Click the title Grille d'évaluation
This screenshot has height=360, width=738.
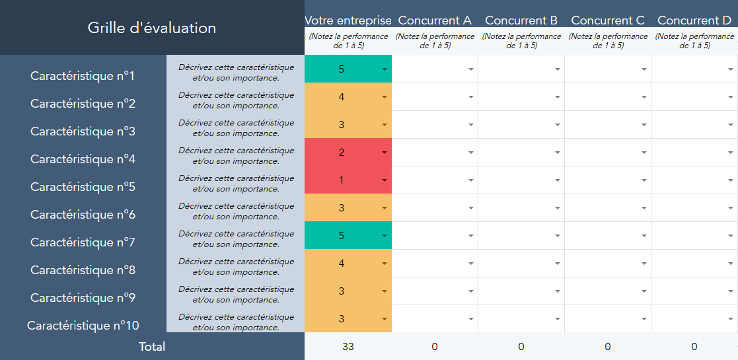151,28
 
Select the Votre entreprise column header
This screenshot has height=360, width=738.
348,20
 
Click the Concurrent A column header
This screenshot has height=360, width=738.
435,20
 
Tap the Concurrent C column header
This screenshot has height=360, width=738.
608,20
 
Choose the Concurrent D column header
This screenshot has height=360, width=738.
694,20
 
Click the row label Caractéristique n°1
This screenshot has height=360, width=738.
83,76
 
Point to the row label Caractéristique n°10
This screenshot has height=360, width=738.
83,326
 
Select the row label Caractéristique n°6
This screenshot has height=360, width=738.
83,215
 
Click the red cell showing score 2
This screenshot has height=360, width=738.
342,153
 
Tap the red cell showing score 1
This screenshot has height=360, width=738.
342,180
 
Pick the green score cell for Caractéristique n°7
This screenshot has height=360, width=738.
342,236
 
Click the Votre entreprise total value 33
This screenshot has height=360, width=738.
348,347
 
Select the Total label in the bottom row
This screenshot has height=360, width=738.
152,347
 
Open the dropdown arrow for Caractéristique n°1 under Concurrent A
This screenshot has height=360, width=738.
471,69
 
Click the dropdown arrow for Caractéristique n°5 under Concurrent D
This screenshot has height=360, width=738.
731,180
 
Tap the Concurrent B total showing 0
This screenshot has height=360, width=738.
521,347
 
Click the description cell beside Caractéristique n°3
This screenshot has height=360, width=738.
236,128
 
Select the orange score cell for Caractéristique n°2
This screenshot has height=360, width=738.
342,97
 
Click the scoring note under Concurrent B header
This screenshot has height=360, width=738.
521,41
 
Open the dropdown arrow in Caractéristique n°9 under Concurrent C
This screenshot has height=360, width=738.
644,291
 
